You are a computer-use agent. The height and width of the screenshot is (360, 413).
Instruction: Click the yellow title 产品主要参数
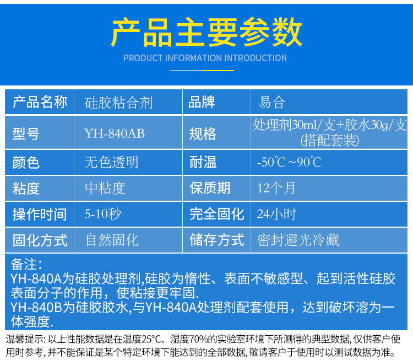point(206,32)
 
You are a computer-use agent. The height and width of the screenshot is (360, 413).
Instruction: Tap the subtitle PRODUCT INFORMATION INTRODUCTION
point(205,58)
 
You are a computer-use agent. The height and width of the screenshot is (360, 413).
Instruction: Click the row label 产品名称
point(40,102)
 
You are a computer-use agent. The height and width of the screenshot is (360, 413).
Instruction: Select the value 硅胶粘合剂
point(118,103)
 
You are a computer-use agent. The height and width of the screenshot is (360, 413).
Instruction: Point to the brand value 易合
point(272,102)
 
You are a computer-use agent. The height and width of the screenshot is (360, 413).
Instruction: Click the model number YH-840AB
point(115,133)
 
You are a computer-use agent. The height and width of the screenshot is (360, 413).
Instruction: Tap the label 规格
point(202,134)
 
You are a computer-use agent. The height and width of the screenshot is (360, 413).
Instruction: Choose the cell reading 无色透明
point(111,162)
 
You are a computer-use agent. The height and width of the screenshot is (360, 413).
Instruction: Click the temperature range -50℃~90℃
point(289,162)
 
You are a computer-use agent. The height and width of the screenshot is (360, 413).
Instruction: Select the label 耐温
point(203,162)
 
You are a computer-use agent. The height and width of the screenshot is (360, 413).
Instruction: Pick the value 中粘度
point(105,188)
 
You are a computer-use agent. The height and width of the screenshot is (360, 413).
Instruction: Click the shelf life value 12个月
point(276,188)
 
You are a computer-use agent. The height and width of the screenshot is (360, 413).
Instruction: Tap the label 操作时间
point(40,214)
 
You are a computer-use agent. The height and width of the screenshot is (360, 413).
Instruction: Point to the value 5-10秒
point(103,213)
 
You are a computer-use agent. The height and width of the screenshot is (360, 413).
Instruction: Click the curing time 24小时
point(276,214)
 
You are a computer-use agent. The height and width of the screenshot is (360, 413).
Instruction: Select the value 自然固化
point(112,240)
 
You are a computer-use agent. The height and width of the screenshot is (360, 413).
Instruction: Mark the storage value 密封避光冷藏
point(298,240)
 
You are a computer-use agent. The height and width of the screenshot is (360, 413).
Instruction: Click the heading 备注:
point(26,264)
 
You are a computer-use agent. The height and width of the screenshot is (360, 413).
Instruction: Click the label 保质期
point(210,188)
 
